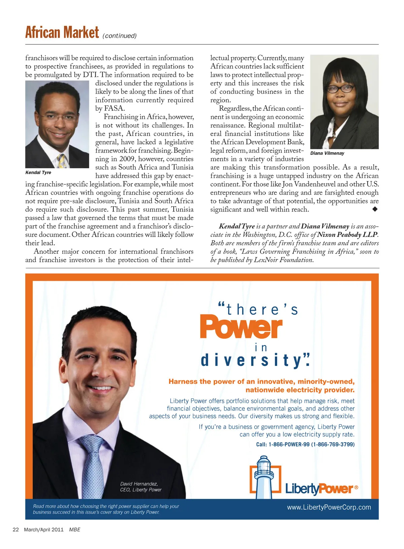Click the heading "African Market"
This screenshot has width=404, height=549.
[62, 33]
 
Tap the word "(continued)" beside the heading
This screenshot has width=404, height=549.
[120, 36]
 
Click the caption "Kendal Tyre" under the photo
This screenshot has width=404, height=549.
[38, 172]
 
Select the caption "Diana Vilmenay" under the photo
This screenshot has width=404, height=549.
[327, 153]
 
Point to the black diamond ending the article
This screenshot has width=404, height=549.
[375, 209]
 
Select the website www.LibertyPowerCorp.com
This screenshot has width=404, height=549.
[329, 507]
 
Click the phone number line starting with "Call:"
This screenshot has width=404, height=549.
[305, 444]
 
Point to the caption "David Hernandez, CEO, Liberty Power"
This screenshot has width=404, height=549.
[141, 487]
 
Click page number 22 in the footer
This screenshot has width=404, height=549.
[15, 529]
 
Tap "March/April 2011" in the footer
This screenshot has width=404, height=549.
[44, 529]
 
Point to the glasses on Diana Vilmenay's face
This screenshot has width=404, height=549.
[340, 89]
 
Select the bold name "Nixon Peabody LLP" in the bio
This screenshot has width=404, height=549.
[347, 235]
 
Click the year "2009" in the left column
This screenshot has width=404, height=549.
[127, 159]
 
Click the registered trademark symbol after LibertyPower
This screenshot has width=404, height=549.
[357, 487]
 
